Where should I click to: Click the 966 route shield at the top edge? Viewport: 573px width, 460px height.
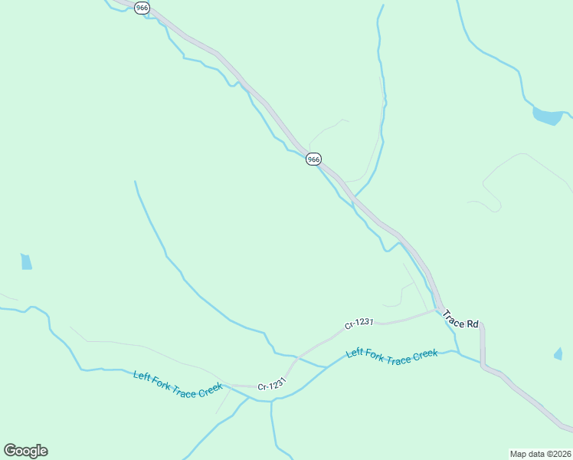click(x=142, y=8)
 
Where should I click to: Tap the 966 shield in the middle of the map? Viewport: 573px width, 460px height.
click(x=313, y=159)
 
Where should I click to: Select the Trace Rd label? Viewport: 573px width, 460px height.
click(x=460, y=323)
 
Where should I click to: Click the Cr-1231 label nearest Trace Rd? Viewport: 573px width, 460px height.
click(x=359, y=324)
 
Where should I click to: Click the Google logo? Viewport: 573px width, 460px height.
click(x=25, y=451)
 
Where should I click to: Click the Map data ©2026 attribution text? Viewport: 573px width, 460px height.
click(x=539, y=453)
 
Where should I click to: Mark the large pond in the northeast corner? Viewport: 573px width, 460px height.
click(x=547, y=117)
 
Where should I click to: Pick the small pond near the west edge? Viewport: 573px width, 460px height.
click(x=26, y=261)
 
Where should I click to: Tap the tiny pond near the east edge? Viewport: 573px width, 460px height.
click(x=558, y=354)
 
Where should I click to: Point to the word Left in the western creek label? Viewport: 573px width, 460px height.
click(x=142, y=375)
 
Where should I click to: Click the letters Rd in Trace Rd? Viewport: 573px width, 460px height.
click(x=473, y=324)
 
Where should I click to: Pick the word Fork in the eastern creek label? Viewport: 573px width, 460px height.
click(x=373, y=354)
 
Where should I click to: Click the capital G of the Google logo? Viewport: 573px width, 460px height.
click(x=10, y=450)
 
